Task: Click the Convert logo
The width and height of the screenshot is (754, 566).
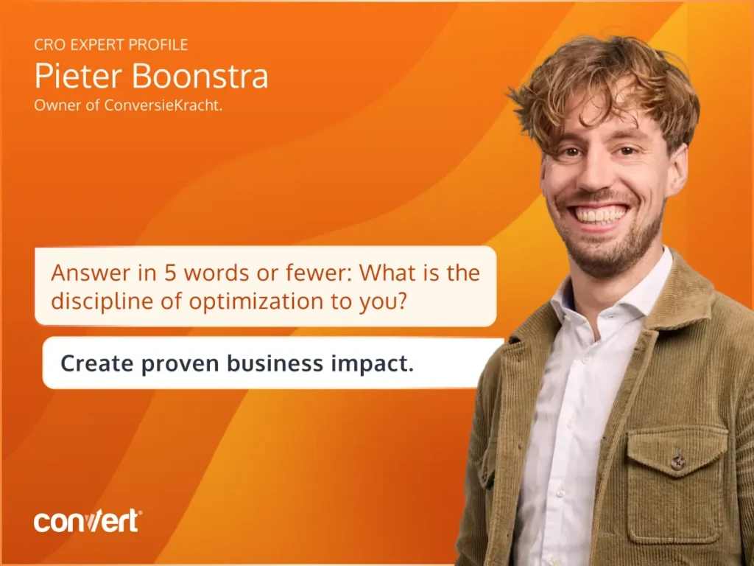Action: click(x=88, y=521)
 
